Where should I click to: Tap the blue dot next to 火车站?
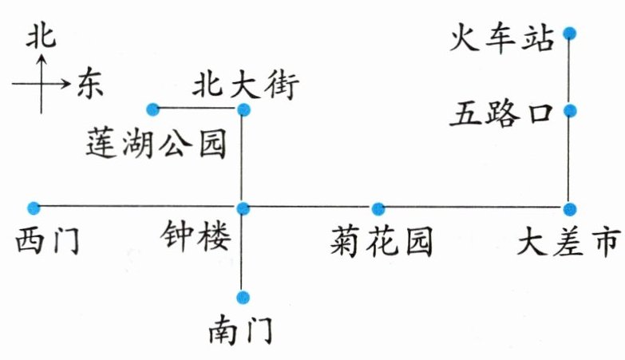(x=569, y=34)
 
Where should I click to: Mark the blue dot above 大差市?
(x=569, y=209)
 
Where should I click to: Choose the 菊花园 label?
(x=381, y=242)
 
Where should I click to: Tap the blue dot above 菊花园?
(x=378, y=209)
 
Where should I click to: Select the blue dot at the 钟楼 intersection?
(x=244, y=208)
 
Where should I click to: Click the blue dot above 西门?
(x=33, y=208)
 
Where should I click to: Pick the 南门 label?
(x=239, y=329)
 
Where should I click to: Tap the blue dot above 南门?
(x=243, y=297)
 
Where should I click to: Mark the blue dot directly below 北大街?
(x=244, y=109)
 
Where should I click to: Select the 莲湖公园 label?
(x=156, y=145)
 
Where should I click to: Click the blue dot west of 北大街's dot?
(x=152, y=109)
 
